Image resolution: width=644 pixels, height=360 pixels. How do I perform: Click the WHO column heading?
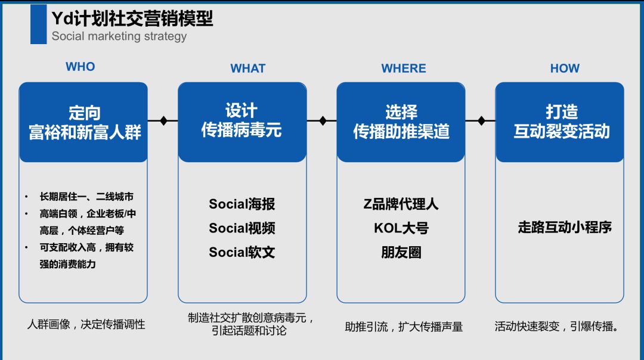80,67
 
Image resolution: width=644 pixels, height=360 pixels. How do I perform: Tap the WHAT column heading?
247,69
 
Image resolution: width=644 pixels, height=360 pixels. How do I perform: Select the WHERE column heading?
404,69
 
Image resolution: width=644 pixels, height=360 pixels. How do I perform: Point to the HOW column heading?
565,69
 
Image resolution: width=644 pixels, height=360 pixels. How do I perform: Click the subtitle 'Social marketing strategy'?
119,36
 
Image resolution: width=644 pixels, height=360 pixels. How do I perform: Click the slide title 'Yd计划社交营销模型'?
132,19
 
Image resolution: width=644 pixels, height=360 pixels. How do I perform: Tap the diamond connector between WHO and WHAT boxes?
163,121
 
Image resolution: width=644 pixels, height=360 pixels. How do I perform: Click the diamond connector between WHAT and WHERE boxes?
323,121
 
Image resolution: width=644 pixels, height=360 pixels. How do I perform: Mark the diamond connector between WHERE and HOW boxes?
481,121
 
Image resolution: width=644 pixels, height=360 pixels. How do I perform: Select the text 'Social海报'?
241,204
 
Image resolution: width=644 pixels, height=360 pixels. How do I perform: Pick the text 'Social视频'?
241,228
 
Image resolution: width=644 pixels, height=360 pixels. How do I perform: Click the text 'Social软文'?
241,252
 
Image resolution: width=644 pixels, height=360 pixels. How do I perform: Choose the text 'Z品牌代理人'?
401,204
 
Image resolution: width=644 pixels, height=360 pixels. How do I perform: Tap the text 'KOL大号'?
401,228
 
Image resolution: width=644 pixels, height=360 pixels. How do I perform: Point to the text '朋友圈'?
401,252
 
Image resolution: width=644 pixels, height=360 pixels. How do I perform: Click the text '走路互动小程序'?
565,227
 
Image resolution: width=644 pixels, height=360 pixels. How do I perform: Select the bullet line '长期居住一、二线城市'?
86,197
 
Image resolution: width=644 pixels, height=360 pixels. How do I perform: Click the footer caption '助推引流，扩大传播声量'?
404,327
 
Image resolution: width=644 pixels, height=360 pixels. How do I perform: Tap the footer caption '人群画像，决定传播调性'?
86,325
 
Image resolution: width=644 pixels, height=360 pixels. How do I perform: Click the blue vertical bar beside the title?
38,24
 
